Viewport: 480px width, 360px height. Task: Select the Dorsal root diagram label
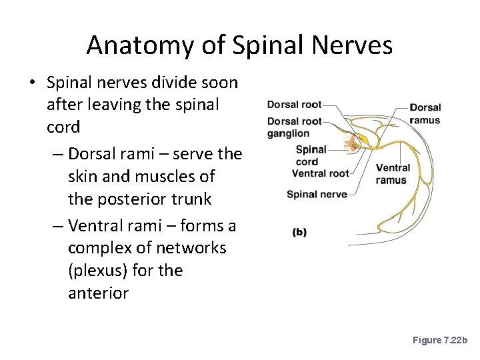(x=294, y=105)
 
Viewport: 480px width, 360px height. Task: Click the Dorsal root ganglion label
(x=294, y=127)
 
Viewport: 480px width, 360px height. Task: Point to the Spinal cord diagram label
(x=311, y=155)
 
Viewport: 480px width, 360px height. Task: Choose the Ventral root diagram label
(x=320, y=173)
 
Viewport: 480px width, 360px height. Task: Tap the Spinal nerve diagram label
(x=317, y=195)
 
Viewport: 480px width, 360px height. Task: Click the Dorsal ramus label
(x=425, y=113)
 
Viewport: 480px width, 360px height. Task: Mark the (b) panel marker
(x=299, y=232)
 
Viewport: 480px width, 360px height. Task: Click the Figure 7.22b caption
(x=440, y=340)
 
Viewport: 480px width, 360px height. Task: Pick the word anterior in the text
(x=98, y=293)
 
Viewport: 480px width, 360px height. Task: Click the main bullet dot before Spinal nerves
(x=32, y=83)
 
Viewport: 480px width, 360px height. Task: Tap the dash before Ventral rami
(x=57, y=226)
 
